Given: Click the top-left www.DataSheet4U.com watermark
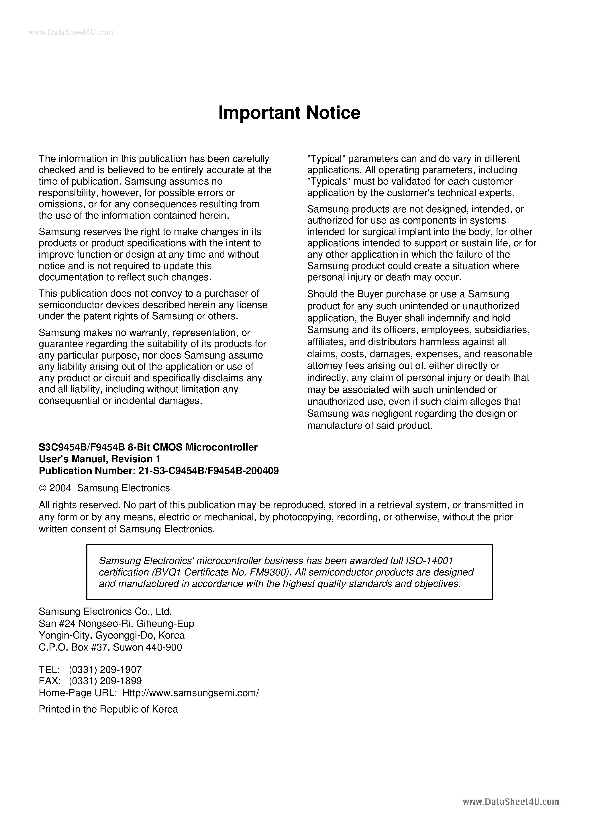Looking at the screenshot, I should coord(70,32).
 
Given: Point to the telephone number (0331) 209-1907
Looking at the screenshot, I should coord(105,669).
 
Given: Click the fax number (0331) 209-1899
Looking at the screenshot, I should coord(105,681).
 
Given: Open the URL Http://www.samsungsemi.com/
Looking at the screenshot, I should coord(191,692).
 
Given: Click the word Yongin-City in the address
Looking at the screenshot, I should coord(65,635).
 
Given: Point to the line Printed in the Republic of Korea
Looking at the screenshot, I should coord(108,709).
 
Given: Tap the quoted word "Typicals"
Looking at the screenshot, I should coord(328,181).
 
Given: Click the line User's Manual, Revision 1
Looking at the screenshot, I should coord(99,459).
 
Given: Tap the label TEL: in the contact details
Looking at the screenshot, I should coord(49,669).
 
